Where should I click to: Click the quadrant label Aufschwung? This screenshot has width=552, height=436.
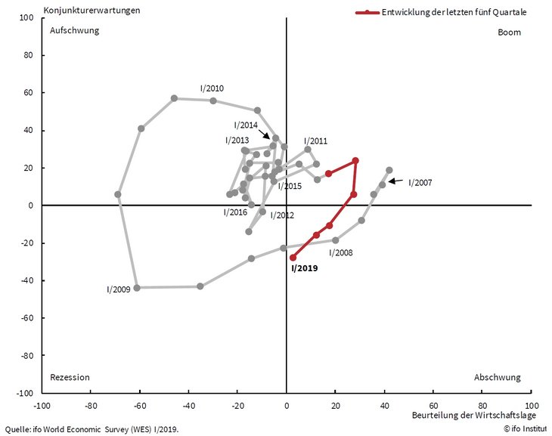[x=74, y=31]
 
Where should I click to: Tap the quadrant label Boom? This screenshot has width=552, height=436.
[x=510, y=32]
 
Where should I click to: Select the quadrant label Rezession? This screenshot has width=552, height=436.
[x=70, y=377]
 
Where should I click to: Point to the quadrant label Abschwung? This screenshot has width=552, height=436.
[x=498, y=377]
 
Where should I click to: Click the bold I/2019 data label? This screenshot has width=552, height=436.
[x=305, y=267]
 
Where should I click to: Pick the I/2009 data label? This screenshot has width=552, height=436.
[x=119, y=289]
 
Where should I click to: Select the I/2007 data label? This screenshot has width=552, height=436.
[x=420, y=182]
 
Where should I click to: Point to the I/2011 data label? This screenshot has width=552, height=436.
[x=315, y=141]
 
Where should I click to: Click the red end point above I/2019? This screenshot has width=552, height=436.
[x=293, y=257]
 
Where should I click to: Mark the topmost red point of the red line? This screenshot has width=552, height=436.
[x=355, y=160]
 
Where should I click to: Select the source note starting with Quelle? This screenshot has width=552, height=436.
[x=92, y=429]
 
